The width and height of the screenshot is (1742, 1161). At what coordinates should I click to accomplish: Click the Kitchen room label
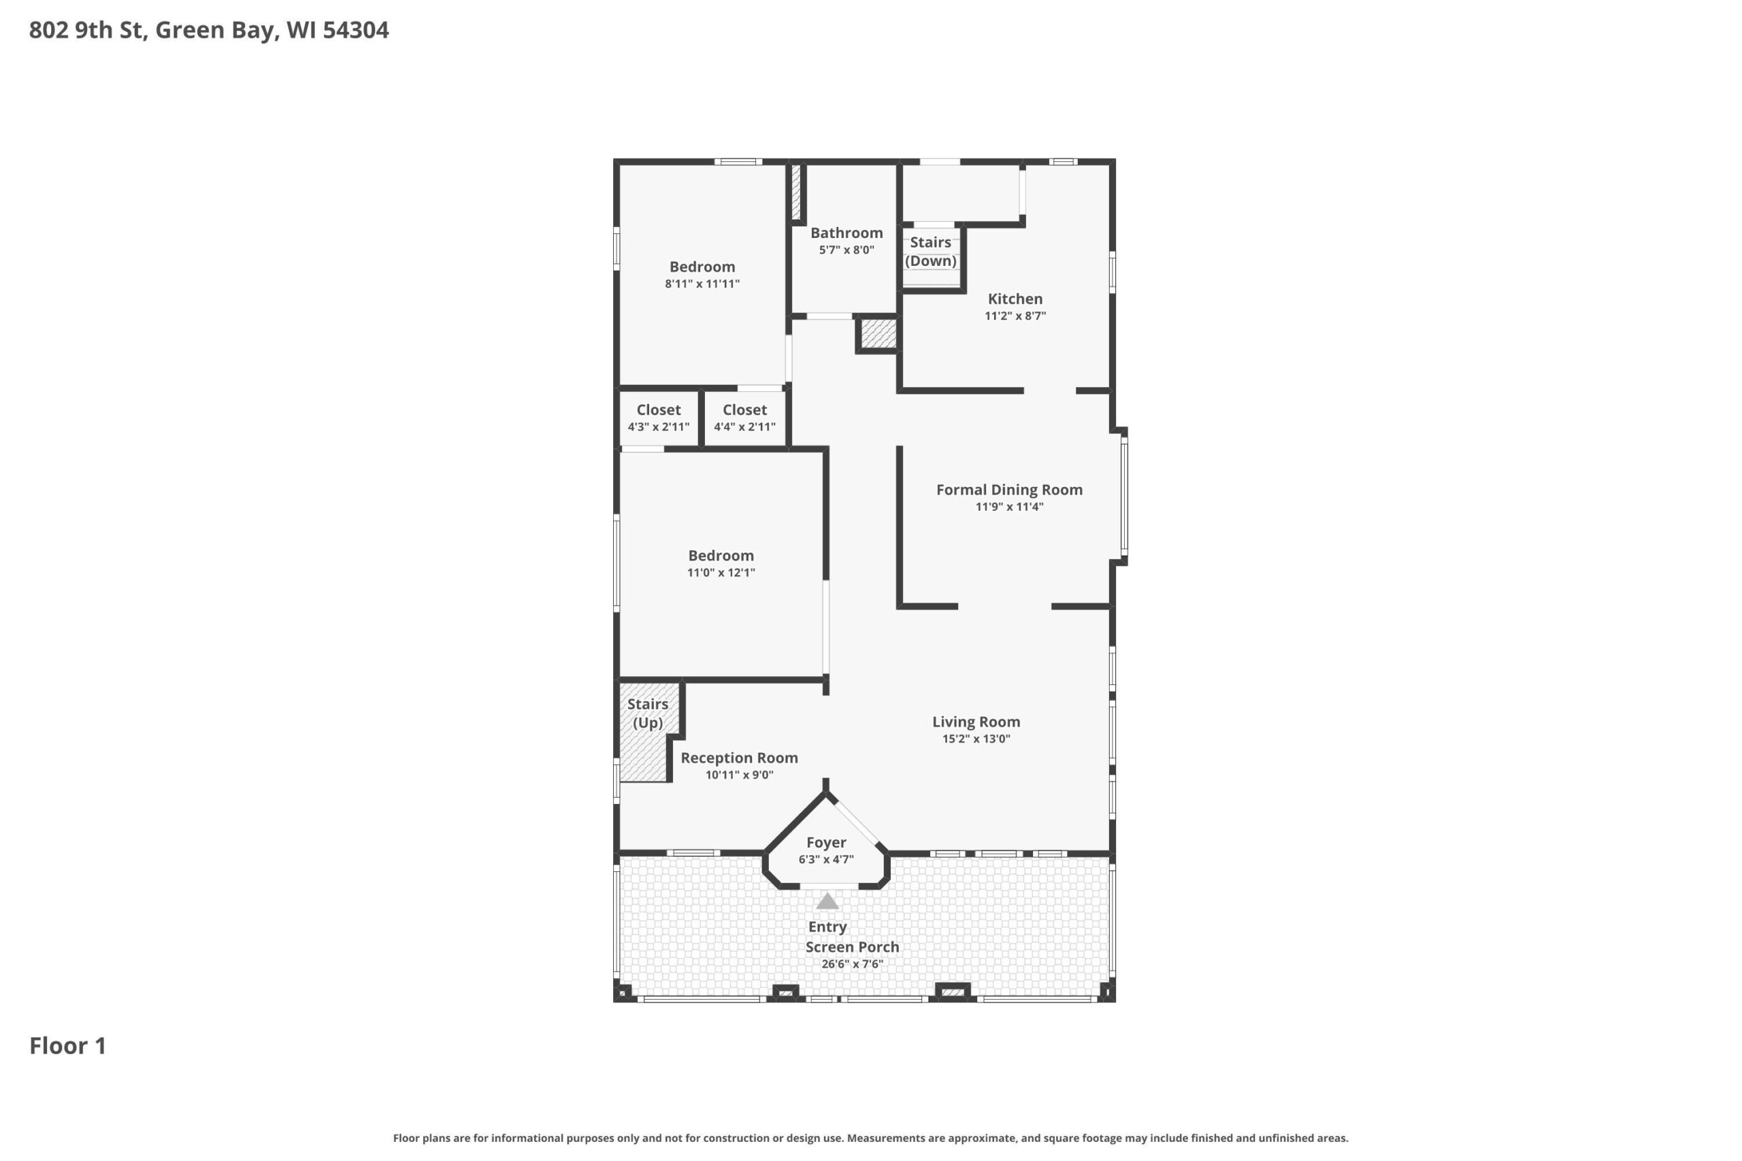(1015, 299)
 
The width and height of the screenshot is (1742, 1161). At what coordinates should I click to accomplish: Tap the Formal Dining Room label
(1010, 490)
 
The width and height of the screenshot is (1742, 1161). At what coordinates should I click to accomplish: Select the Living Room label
(976, 722)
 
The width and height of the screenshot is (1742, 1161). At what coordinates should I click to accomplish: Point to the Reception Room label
(739, 758)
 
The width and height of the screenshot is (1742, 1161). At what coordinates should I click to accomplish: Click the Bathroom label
(847, 233)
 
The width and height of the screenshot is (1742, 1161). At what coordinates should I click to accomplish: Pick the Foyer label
(826, 843)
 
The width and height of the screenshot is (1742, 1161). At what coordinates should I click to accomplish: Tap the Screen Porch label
(853, 947)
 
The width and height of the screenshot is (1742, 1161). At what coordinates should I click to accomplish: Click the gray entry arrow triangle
(827, 902)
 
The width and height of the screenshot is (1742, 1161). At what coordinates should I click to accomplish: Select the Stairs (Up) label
(648, 713)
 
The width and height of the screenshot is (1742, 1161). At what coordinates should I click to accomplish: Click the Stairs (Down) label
(931, 252)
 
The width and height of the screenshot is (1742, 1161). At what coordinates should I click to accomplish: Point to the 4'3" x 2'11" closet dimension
(659, 427)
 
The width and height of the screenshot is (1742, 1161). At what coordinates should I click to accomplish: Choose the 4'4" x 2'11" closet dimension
(744, 427)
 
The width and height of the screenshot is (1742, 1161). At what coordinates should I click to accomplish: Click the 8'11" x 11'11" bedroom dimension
(702, 284)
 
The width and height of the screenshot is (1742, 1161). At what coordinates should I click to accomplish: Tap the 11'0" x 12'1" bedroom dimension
(721, 573)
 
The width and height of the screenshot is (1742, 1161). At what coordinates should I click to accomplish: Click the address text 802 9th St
(86, 30)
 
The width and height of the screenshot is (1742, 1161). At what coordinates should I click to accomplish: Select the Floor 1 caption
(67, 1045)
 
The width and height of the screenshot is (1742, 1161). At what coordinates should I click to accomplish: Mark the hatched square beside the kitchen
(878, 334)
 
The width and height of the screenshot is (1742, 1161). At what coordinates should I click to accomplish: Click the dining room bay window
(1124, 494)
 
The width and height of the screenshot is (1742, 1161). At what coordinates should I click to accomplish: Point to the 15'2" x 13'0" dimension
(976, 739)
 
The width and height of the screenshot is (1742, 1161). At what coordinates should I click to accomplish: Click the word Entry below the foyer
(827, 927)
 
